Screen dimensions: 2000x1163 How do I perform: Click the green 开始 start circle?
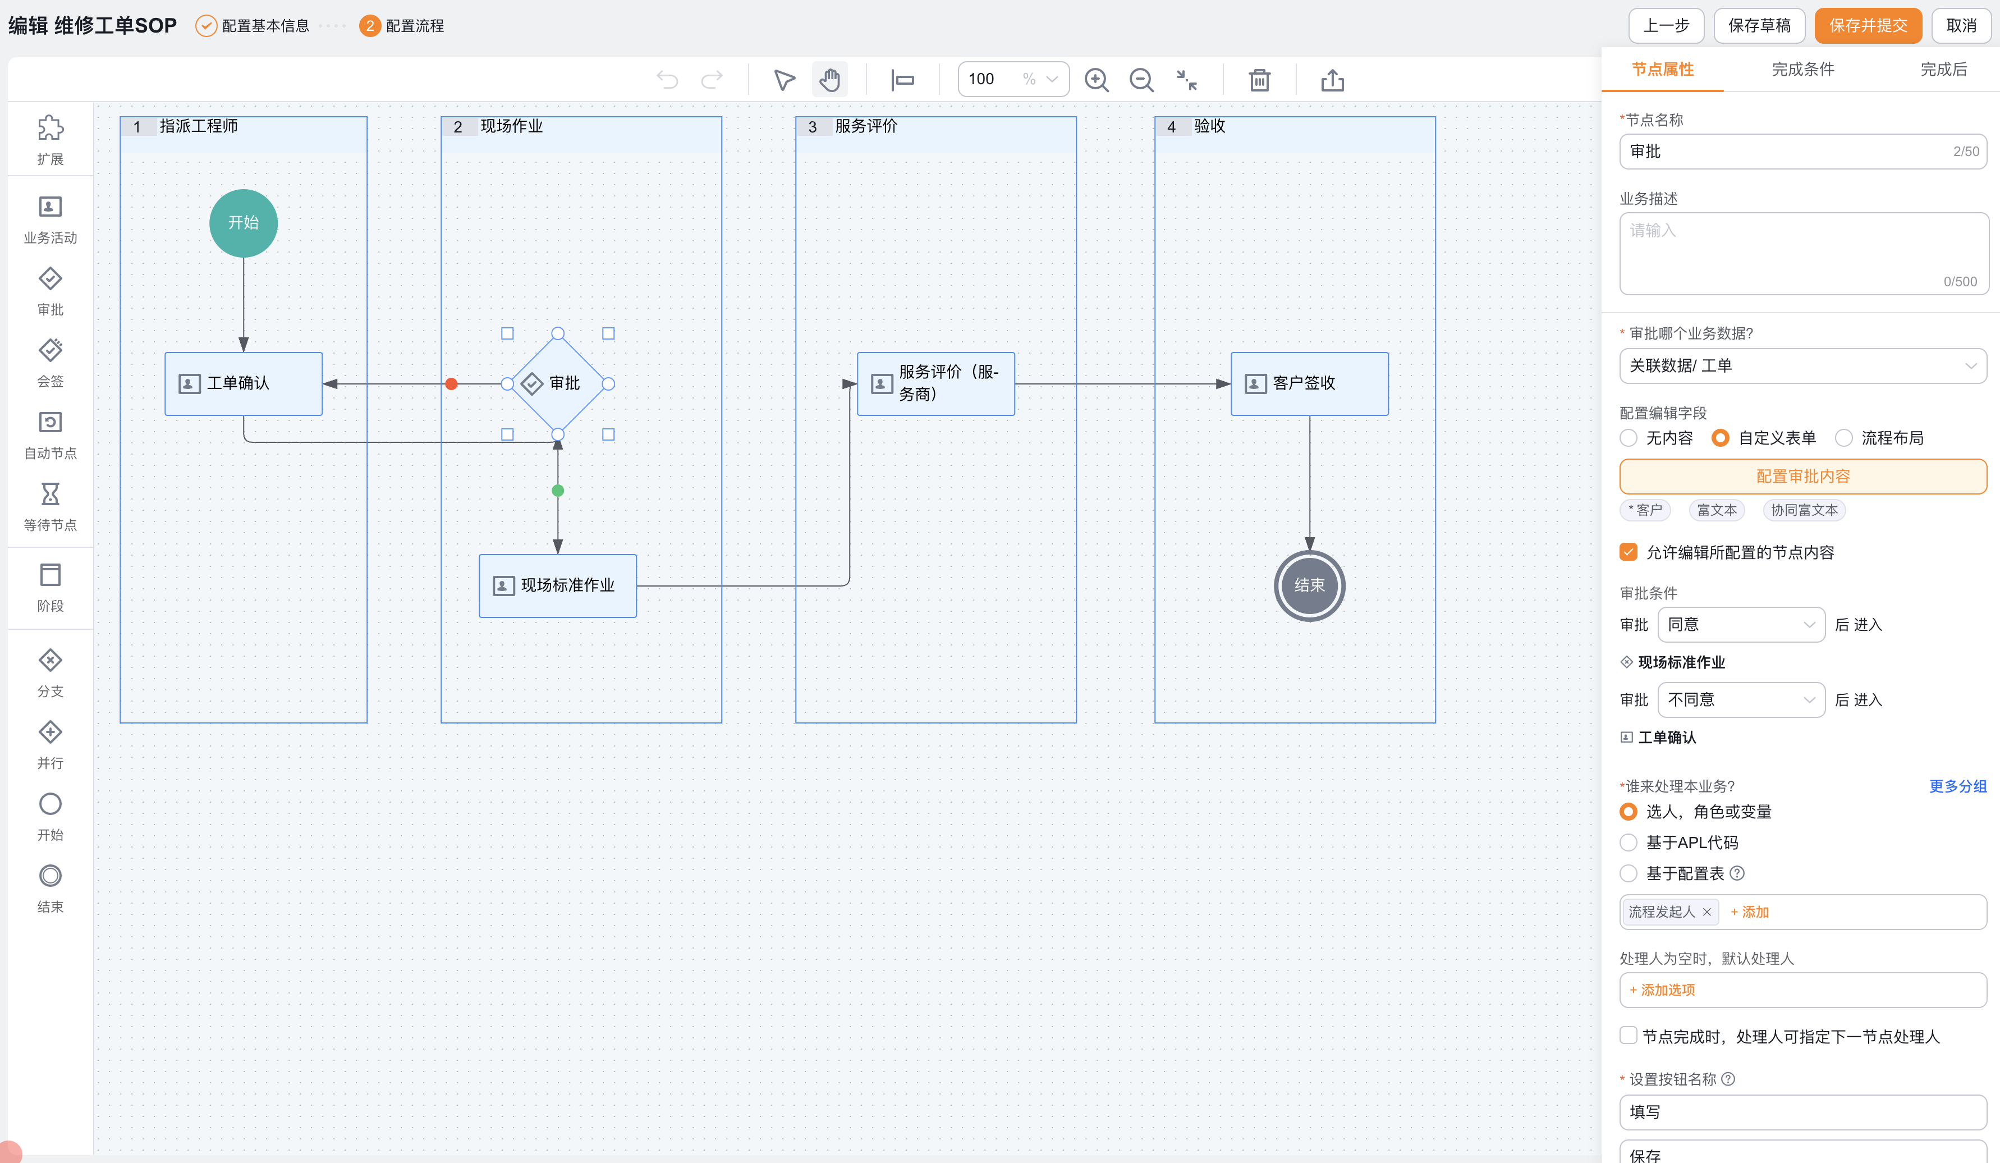[244, 223]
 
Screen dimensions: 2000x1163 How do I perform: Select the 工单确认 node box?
[244, 383]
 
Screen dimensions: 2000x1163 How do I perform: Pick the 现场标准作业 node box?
[558, 586]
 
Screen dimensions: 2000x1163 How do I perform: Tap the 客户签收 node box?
[1310, 383]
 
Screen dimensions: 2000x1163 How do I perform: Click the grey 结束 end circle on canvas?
[1310, 586]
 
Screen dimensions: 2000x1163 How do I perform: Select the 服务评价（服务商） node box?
[935, 383]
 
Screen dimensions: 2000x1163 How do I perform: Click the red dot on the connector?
[452, 384]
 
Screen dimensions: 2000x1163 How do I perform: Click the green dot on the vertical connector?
[558, 491]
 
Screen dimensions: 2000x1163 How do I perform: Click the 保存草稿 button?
[1759, 25]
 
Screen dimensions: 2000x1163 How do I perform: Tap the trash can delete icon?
[1259, 80]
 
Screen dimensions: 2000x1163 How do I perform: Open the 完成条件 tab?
[1802, 69]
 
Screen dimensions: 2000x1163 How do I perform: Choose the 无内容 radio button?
[1629, 438]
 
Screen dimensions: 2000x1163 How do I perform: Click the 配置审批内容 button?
[1802, 477]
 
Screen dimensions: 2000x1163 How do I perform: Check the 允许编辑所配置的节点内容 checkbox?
[1629, 552]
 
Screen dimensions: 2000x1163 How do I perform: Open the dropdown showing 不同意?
[1741, 700]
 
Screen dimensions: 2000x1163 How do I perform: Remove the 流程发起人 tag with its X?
[1707, 912]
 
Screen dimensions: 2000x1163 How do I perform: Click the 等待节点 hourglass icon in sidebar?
[50, 494]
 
